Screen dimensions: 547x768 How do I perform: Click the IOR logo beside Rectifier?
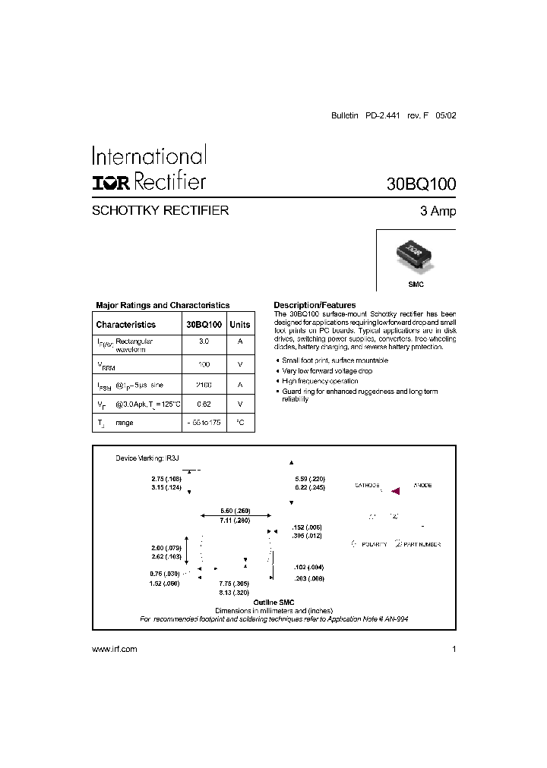(112, 182)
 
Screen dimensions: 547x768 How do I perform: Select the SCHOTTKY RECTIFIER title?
(160, 211)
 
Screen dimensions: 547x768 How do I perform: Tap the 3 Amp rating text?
(438, 212)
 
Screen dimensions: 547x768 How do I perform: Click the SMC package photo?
(415, 258)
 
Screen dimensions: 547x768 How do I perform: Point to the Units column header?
(240, 325)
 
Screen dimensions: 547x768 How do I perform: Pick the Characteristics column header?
(125, 325)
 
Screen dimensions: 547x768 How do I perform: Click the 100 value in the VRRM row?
(204, 365)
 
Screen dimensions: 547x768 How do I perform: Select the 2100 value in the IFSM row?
(204, 386)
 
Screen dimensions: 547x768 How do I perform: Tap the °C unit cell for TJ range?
(240, 422)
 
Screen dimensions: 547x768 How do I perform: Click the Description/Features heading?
(315, 305)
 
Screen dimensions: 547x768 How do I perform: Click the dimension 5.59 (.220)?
(309, 479)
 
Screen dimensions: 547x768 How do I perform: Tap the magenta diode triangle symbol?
(395, 492)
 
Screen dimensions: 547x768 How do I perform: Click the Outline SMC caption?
(273, 602)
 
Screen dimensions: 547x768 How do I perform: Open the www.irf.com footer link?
(114, 650)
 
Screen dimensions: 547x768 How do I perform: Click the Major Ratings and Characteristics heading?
(163, 305)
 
